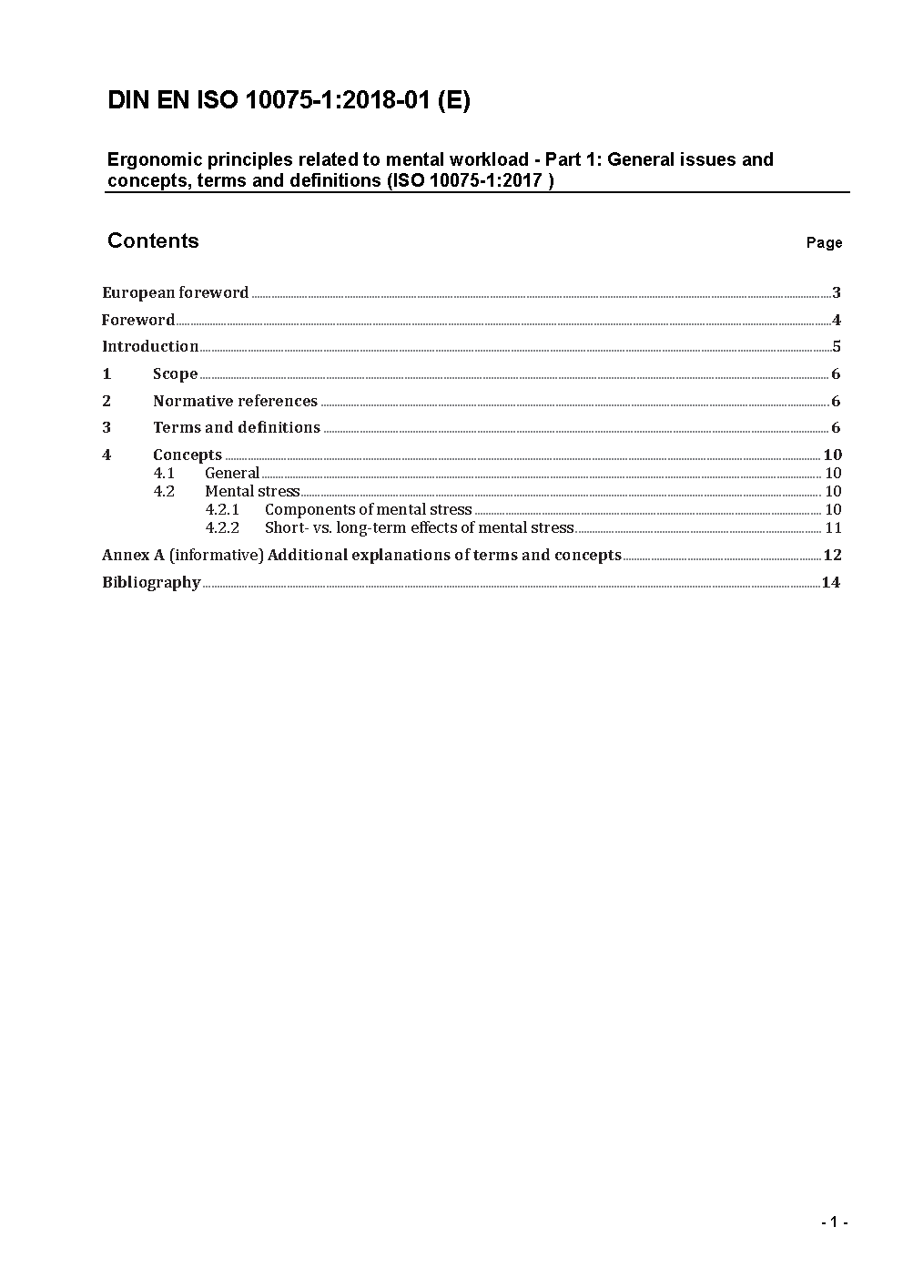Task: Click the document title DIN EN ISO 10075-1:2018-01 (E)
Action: coord(289,101)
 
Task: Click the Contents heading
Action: coord(153,240)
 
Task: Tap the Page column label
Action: coord(824,242)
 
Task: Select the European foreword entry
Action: coord(175,292)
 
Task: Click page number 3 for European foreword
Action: coord(836,292)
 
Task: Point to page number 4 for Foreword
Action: coord(836,320)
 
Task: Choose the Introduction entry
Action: coord(150,346)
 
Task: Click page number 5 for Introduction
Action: coord(836,346)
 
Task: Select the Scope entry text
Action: coord(175,373)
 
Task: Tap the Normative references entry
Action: coord(235,401)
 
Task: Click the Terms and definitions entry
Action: coord(237,427)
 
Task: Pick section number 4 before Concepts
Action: coord(107,455)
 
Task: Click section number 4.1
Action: coord(164,473)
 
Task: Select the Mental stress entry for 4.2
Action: coord(252,491)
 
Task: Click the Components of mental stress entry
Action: coord(368,509)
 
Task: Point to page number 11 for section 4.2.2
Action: coord(833,527)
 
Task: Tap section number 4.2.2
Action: coord(222,527)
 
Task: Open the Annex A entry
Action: coord(361,555)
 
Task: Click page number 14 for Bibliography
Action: coord(830,582)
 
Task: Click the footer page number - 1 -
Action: coord(834,1222)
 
